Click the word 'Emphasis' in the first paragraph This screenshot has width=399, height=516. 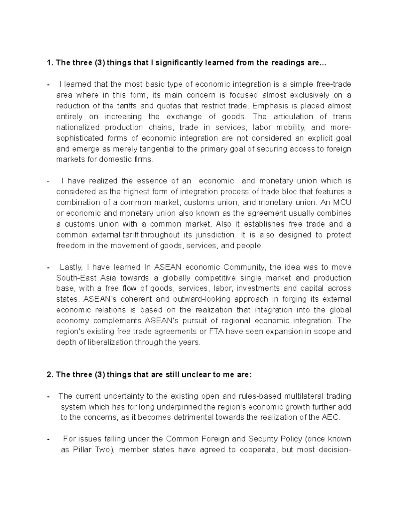tap(268, 106)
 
